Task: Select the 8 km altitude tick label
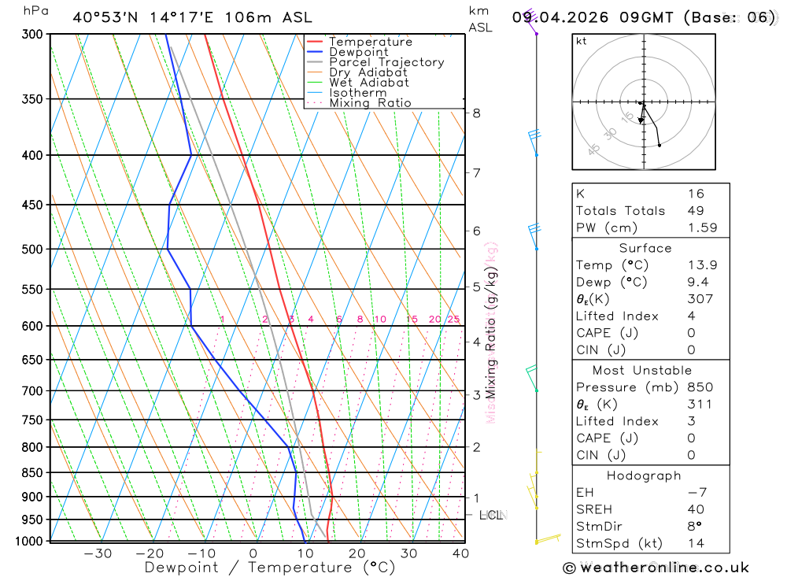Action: pyautogui.click(x=477, y=113)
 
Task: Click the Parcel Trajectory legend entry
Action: pyautogui.click(x=386, y=62)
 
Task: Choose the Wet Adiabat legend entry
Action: pyautogui.click(x=369, y=83)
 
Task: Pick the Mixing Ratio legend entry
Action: pyautogui.click(x=370, y=103)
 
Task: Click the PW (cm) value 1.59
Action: pyautogui.click(x=702, y=228)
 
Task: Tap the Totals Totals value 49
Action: pyautogui.click(x=696, y=211)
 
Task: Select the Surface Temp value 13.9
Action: pyautogui.click(x=702, y=265)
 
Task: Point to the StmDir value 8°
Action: pyautogui.click(x=693, y=526)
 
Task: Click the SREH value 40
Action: pyautogui.click(x=696, y=509)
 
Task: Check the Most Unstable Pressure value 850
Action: pyautogui.click(x=700, y=387)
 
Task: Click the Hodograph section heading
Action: pyautogui.click(x=644, y=475)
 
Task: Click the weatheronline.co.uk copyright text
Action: pyautogui.click(x=656, y=568)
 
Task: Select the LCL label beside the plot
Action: pyautogui.click(x=491, y=516)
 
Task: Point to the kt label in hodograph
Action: pyautogui.click(x=581, y=41)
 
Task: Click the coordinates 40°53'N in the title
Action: pyautogui.click(x=110, y=17)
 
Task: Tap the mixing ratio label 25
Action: pyautogui.click(x=453, y=319)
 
